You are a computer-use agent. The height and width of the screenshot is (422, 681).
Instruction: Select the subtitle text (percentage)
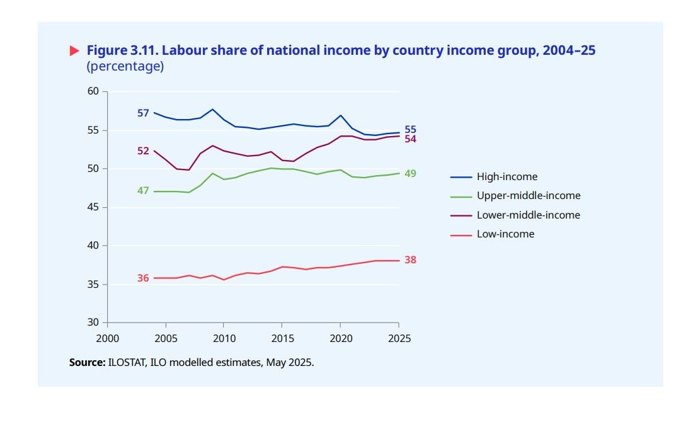pyautogui.click(x=125, y=66)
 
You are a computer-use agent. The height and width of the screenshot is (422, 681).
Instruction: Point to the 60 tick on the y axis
pyautogui.click(x=93, y=92)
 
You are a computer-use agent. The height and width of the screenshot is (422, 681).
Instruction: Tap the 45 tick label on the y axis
pyautogui.click(x=93, y=207)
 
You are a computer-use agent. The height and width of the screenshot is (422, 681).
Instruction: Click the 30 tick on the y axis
pyautogui.click(x=93, y=322)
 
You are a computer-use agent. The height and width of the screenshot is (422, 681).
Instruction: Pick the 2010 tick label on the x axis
pyautogui.click(x=224, y=338)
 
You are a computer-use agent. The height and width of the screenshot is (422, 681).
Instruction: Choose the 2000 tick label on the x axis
pyautogui.click(x=107, y=338)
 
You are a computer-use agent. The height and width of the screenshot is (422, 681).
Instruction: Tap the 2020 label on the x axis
pyautogui.click(x=340, y=338)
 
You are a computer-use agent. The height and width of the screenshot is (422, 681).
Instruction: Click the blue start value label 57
pyautogui.click(x=143, y=113)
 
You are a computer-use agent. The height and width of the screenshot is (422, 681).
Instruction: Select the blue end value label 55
pyautogui.click(x=410, y=130)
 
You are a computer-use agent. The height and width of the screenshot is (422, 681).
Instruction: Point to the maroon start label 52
pyautogui.click(x=143, y=151)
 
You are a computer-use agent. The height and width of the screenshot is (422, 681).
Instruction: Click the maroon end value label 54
pyautogui.click(x=410, y=139)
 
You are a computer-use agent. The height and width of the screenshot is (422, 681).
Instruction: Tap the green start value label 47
pyautogui.click(x=143, y=190)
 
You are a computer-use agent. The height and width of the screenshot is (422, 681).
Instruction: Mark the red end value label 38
pyautogui.click(x=410, y=260)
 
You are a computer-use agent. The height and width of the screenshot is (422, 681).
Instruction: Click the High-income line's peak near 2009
pyautogui.click(x=212, y=110)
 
